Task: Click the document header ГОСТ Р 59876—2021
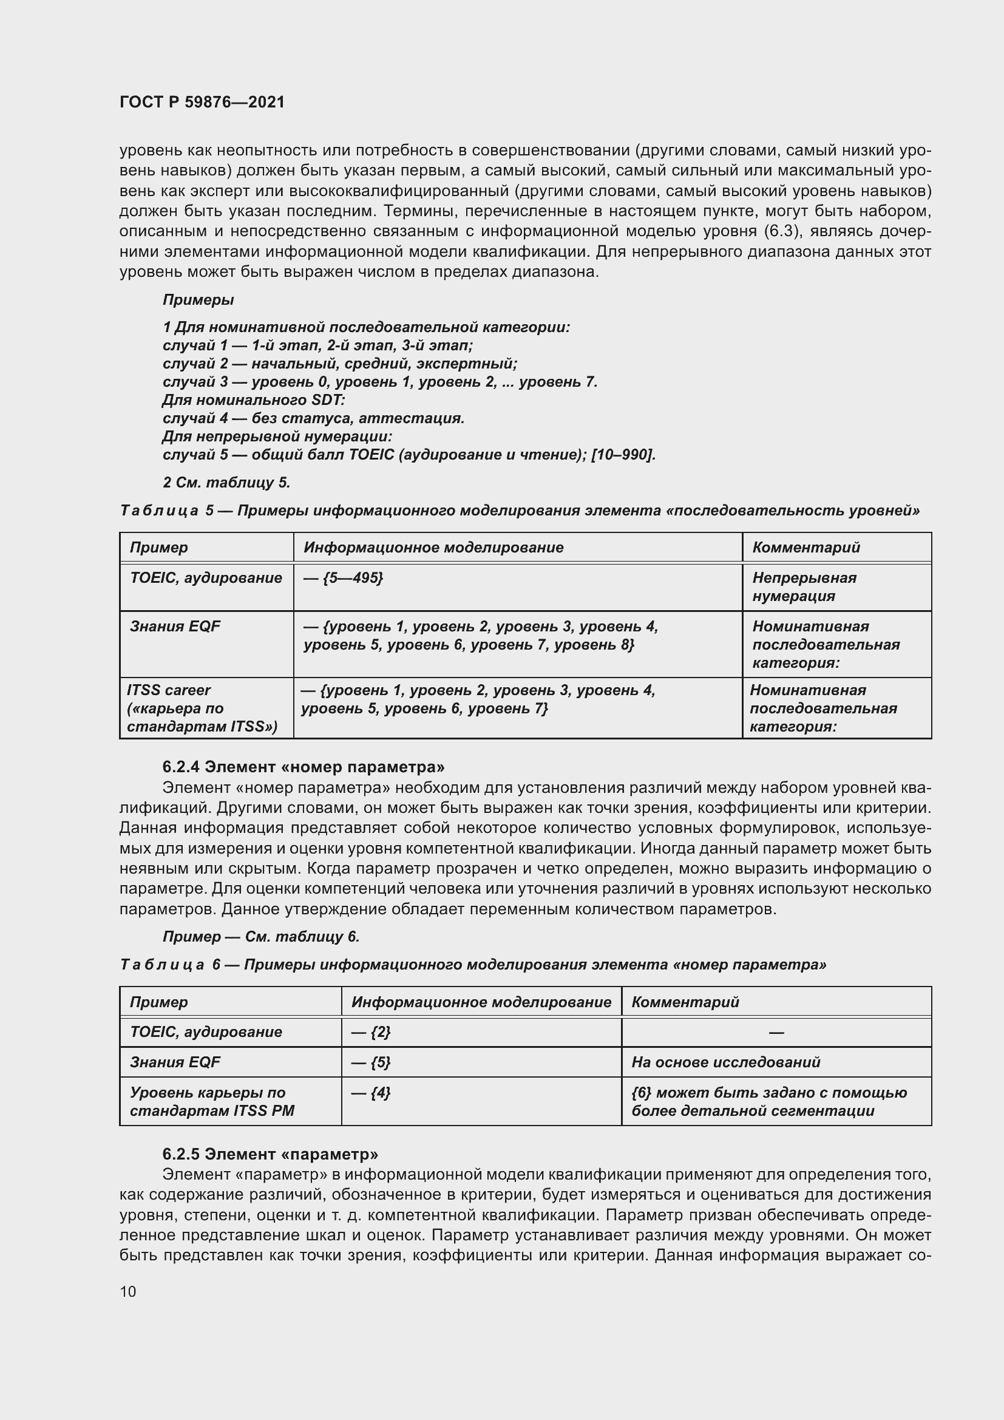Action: tap(202, 102)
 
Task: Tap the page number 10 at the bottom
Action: tap(128, 1291)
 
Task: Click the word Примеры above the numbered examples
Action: tap(198, 300)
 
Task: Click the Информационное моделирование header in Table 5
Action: tap(433, 548)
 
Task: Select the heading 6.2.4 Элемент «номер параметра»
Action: tap(303, 767)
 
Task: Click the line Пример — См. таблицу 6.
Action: tap(261, 936)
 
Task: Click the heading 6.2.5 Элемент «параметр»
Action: tap(270, 1154)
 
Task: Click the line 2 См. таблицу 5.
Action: tap(226, 483)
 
